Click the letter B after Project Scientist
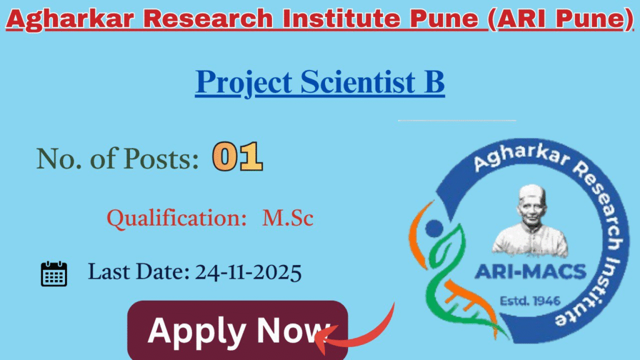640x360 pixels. [434, 82]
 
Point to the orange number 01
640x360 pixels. [237, 157]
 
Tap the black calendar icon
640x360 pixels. [54, 274]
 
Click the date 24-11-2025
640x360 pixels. [249, 272]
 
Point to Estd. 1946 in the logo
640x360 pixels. [531, 301]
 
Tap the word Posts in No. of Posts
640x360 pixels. [160, 159]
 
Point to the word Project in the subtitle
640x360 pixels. [244, 84]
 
